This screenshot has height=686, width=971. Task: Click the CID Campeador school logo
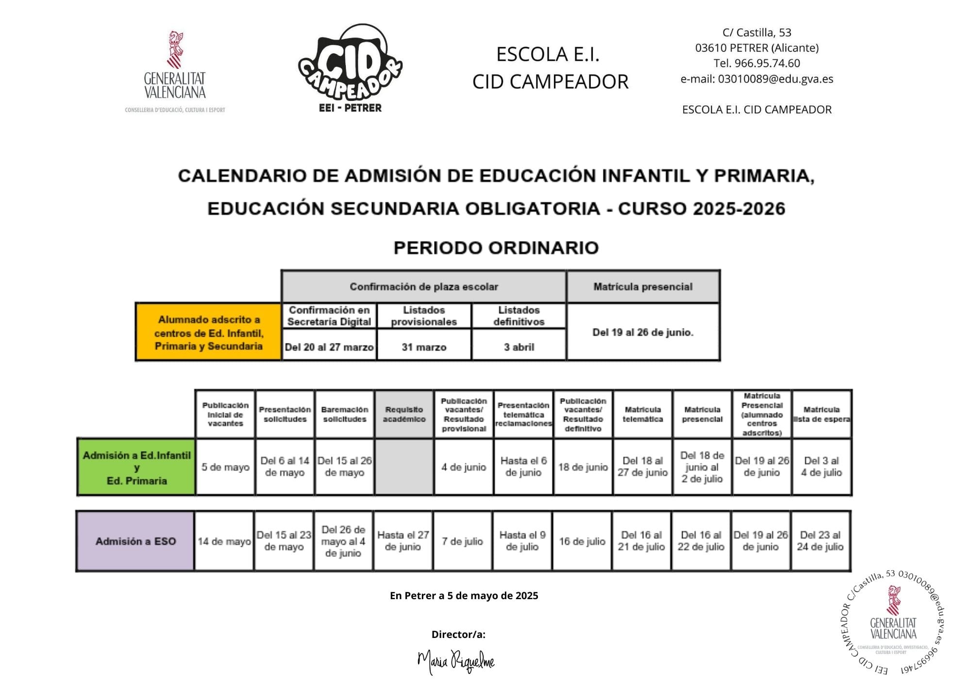pyautogui.click(x=350, y=68)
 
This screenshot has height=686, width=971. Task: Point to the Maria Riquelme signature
pyautogui.click(x=456, y=661)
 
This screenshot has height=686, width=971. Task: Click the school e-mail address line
pyautogui.click(x=756, y=79)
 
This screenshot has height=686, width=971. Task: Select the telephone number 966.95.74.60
pyautogui.click(x=756, y=64)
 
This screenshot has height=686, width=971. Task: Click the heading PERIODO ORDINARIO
pyautogui.click(x=496, y=248)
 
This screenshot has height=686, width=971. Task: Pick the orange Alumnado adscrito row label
pyautogui.click(x=209, y=332)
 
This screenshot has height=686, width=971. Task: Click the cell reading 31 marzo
pyautogui.click(x=424, y=347)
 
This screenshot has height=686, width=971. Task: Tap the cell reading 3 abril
pyautogui.click(x=519, y=347)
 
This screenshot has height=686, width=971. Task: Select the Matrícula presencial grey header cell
pyautogui.click(x=643, y=287)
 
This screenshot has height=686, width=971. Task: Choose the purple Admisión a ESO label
pyautogui.click(x=135, y=541)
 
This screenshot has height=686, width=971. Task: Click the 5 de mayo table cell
pyautogui.click(x=225, y=467)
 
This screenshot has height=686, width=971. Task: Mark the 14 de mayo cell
pyautogui.click(x=224, y=541)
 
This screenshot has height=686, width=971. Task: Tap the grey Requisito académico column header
pyautogui.click(x=404, y=414)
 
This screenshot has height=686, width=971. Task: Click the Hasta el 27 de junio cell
pyautogui.click(x=403, y=541)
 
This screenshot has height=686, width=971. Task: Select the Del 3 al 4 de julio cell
pyautogui.click(x=821, y=467)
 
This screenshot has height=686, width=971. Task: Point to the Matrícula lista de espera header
pyautogui.click(x=821, y=414)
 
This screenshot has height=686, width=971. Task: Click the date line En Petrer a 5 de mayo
pyautogui.click(x=464, y=596)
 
